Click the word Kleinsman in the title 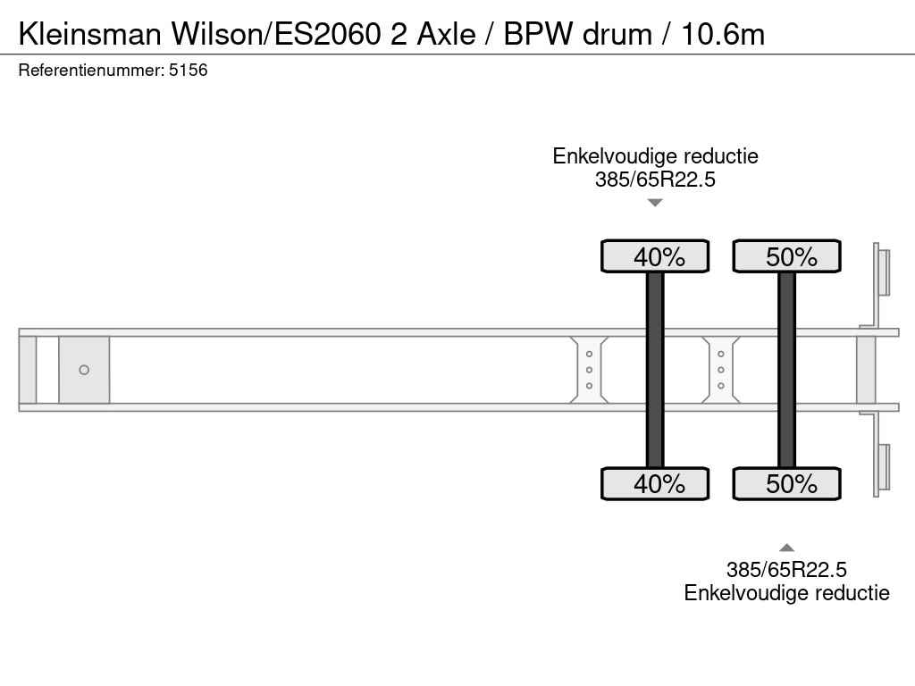[x=90, y=34]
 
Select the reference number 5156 [x=188, y=70]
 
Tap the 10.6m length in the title [x=722, y=34]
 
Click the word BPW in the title [x=538, y=34]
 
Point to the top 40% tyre [x=655, y=256]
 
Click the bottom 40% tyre [x=655, y=483]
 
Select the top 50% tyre [x=786, y=256]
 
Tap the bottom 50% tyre [x=786, y=483]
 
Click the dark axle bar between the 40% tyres [x=655, y=370]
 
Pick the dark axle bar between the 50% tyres [x=786, y=370]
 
